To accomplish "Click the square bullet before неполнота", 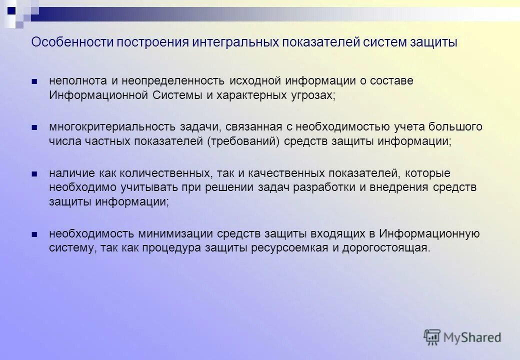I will tap(34, 81).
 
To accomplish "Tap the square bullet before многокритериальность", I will tap(34, 127).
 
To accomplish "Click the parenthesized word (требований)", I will tap(242, 141).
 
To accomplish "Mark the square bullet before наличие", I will tap(34, 173).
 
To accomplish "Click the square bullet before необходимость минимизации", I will tap(34, 234).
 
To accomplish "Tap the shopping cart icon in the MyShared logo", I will tap(432, 337).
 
